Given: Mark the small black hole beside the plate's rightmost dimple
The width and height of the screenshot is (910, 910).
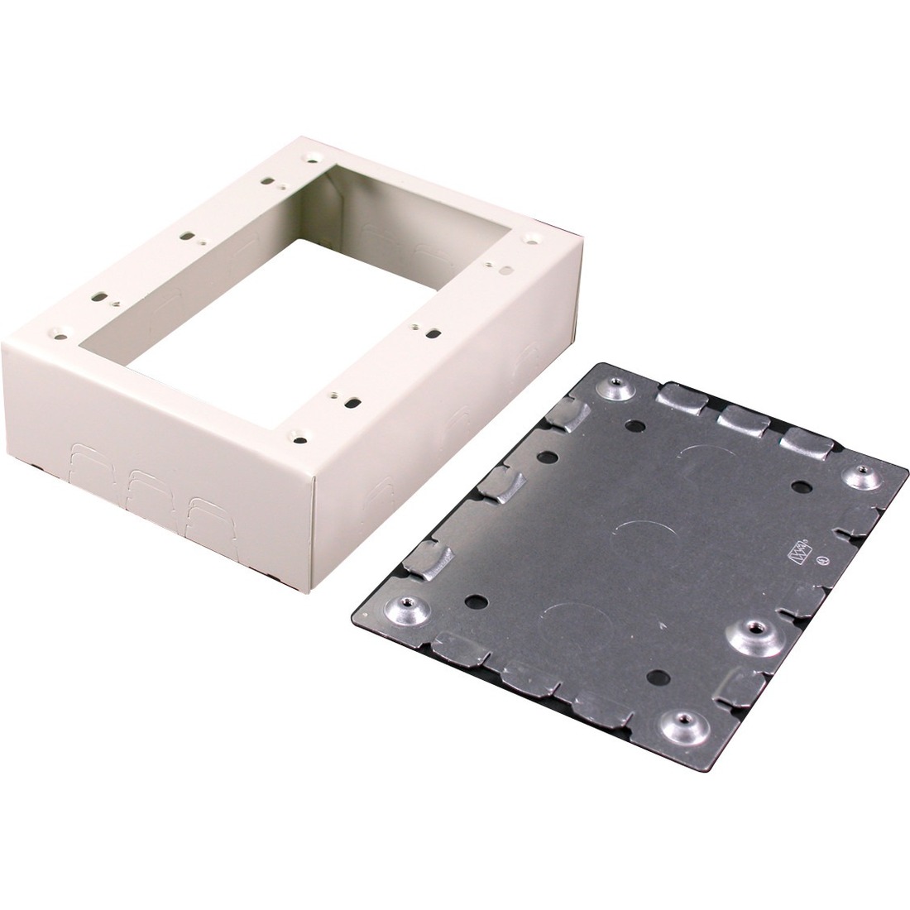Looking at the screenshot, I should click(801, 486).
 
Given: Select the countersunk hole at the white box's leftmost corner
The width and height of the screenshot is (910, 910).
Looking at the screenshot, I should click(60, 335).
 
